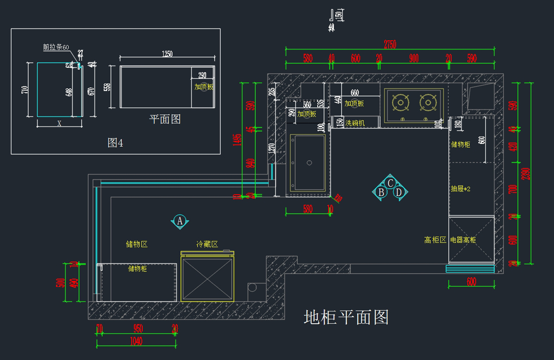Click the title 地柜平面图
[x=346, y=317]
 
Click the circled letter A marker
[x=180, y=221]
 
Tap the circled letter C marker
[x=390, y=183]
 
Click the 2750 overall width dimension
[x=390, y=44]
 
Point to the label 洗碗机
[x=355, y=123]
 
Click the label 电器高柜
[x=463, y=240]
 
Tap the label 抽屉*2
[x=460, y=189]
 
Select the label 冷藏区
[x=207, y=244]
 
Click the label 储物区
[x=137, y=244]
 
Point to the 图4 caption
[x=115, y=143]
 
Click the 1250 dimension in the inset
[x=167, y=54]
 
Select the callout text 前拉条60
[x=56, y=47]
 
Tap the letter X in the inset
[x=59, y=123]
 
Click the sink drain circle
[x=309, y=162]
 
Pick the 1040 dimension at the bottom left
[x=136, y=342]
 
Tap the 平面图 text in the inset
[x=165, y=119]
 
